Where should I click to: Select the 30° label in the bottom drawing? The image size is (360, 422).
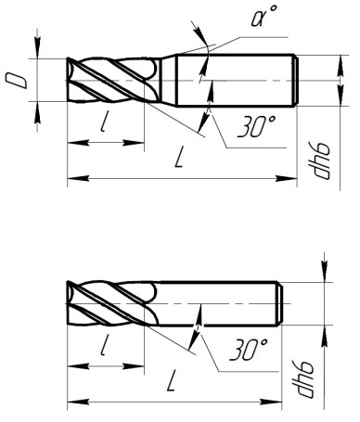(247, 351)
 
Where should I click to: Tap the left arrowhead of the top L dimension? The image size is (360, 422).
(72, 176)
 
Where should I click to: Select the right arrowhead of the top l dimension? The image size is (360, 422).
(140, 142)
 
